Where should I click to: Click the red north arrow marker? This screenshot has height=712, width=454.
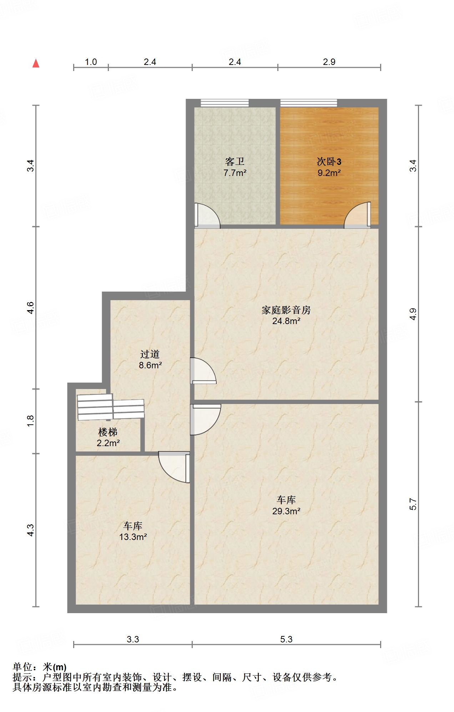coord(36,64)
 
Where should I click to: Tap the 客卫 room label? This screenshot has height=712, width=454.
coord(235,162)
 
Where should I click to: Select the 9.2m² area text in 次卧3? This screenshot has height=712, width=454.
coord(329,173)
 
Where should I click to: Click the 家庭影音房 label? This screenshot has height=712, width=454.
coord(286,310)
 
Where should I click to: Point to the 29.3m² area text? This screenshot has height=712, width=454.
coord(286,511)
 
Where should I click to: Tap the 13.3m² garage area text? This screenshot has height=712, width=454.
coord(133,537)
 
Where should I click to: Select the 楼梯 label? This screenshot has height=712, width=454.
coord(108,432)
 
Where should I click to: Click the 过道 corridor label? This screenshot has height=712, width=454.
coord(150,354)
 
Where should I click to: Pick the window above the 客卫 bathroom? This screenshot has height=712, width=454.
coord(225,103)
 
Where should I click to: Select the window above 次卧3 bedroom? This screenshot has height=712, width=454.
coord(308,103)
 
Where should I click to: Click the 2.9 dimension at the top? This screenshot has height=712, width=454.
coord(329,62)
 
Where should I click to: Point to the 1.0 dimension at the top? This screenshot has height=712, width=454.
coord(91,62)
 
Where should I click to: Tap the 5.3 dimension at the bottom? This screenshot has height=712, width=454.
coord(286,639)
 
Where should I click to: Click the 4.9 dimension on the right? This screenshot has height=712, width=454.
coord(413,314)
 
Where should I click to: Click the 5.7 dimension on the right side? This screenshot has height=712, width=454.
coord(413,504)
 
